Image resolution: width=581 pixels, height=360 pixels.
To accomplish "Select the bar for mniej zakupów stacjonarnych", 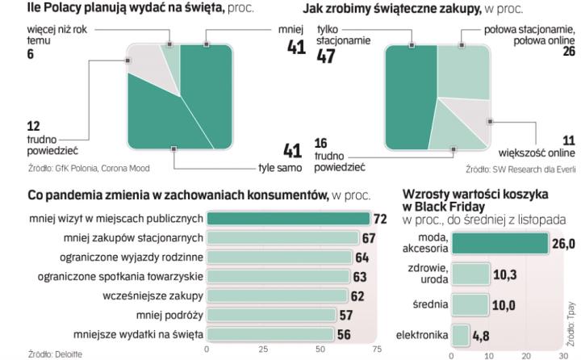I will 283,238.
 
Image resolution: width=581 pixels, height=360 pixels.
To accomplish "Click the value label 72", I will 380,219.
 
